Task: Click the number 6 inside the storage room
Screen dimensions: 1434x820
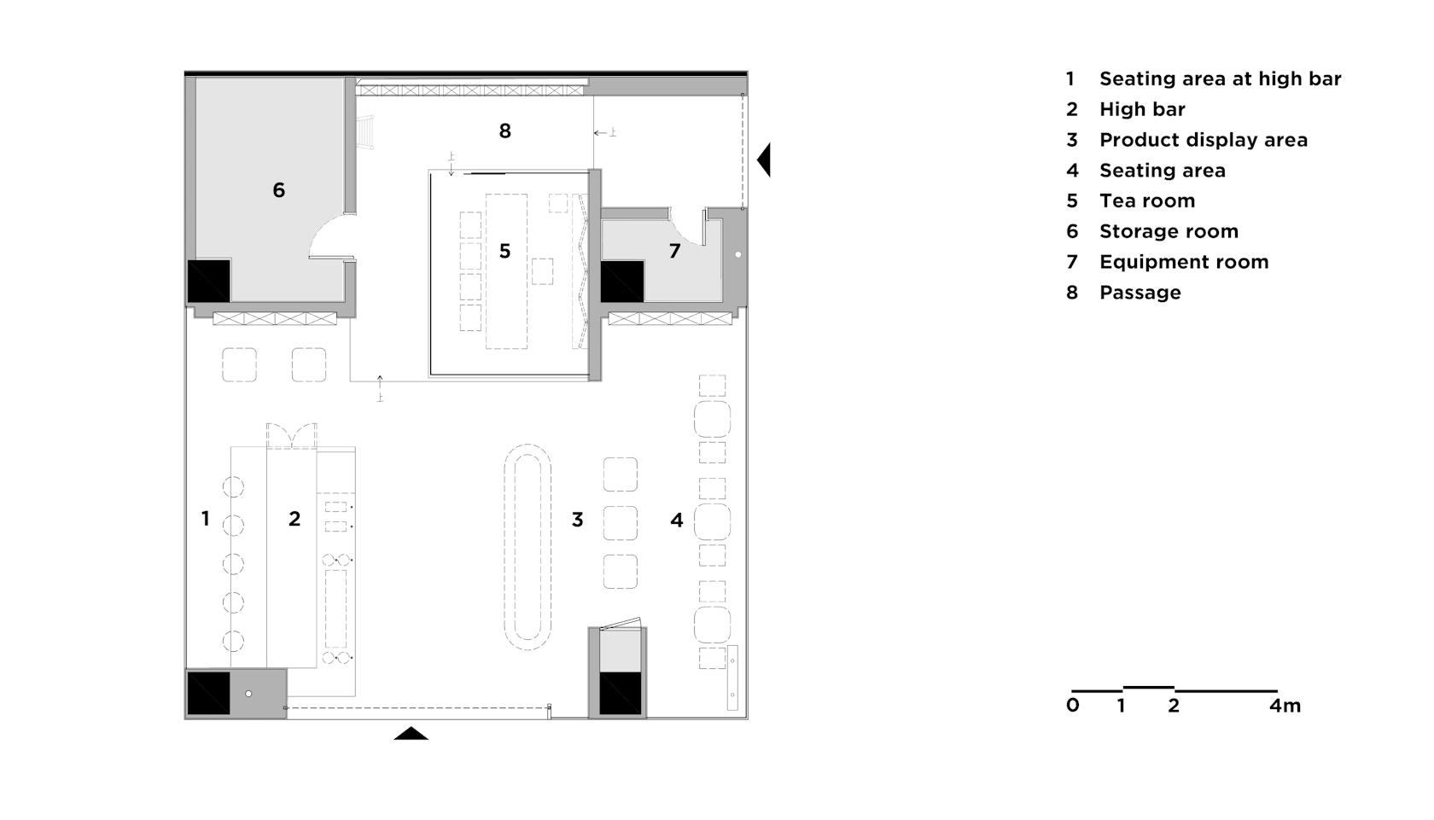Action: [278, 189]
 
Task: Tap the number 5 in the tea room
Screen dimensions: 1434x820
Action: [505, 251]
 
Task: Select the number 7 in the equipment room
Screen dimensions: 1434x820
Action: [674, 251]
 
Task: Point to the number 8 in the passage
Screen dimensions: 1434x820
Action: [505, 131]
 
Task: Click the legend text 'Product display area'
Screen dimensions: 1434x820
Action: [1204, 140]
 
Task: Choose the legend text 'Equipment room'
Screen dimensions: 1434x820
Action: [1184, 262]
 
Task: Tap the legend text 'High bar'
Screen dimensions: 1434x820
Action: [1142, 109]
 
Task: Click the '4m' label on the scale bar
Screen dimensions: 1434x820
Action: [1285, 706]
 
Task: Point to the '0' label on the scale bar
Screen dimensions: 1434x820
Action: [1073, 706]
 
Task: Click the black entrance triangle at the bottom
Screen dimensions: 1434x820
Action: [411, 734]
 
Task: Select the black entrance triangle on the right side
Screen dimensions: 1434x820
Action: [765, 160]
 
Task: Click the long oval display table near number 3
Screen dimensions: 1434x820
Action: [528, 547]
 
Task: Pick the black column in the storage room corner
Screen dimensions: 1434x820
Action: [208, 281]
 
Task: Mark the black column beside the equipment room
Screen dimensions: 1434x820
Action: [622, 282]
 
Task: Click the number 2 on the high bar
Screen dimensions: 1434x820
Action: [294, 519]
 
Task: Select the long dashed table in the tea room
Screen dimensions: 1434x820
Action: [506, 271]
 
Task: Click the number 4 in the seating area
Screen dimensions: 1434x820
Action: [677, 520]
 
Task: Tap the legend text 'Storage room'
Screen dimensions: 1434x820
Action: [1169, 231]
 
